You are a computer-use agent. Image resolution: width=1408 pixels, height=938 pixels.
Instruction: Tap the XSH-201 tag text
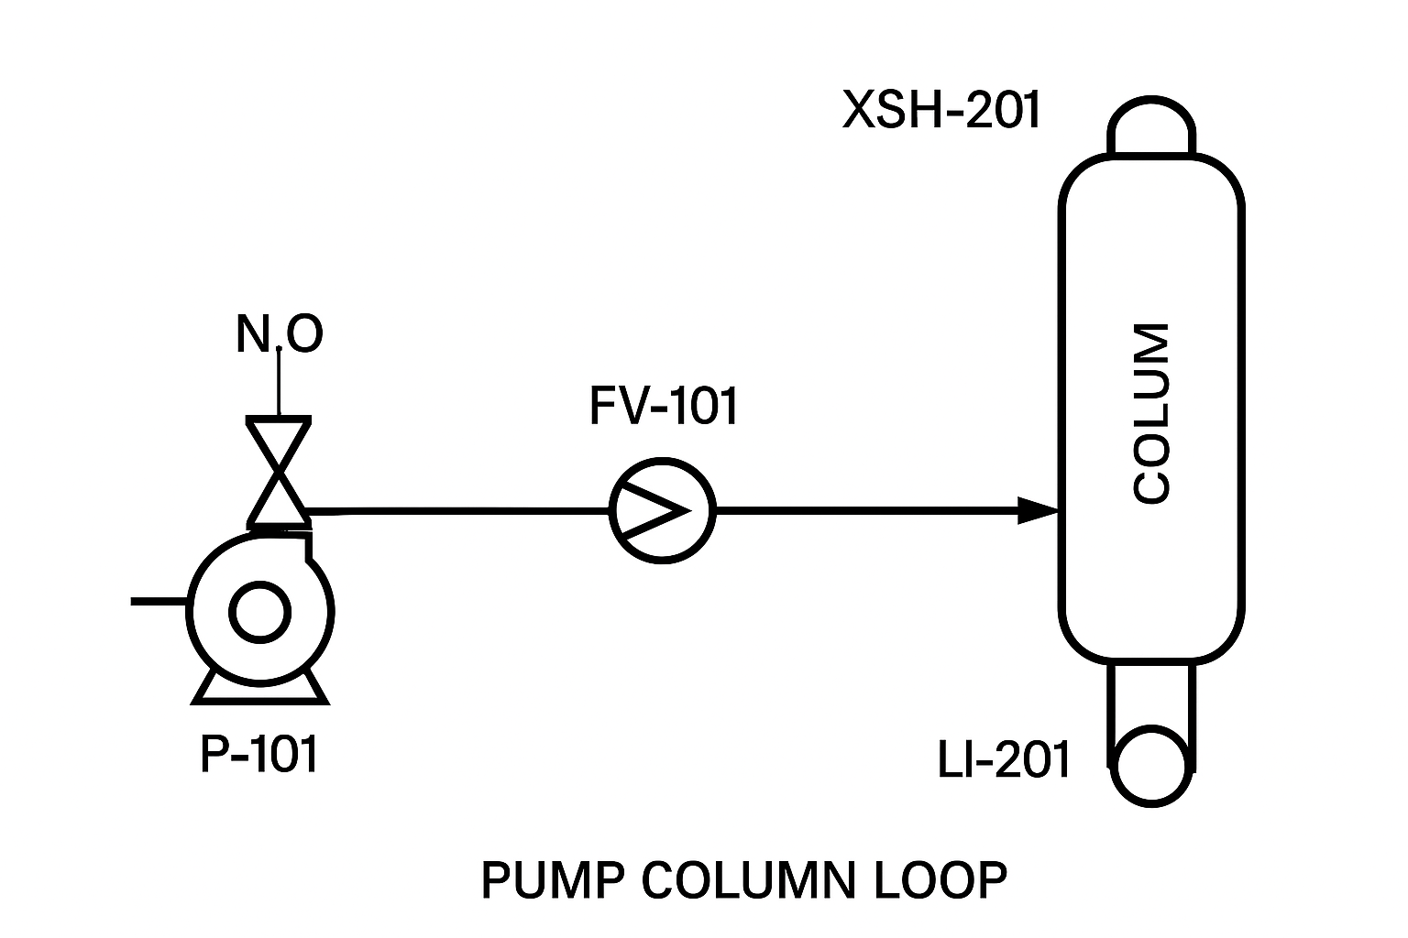point(941,111)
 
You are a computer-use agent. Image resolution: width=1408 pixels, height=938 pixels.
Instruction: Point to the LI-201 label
point(1004,759)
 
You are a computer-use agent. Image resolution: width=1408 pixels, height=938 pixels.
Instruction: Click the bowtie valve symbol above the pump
point(278,471)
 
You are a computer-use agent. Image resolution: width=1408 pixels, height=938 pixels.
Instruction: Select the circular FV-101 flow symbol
point(662,509)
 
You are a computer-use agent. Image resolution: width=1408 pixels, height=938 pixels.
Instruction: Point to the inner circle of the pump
point(259,613)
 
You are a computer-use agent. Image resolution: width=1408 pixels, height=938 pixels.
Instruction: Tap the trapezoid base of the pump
point(259,689)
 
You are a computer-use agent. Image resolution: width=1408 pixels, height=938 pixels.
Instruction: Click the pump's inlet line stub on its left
point(159,602)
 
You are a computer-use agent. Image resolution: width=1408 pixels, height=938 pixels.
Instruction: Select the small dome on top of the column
point(1151,126)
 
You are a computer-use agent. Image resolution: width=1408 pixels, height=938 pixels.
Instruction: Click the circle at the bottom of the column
point(1151,766)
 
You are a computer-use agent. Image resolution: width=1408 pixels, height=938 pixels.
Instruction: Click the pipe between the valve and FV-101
point(458,510)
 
